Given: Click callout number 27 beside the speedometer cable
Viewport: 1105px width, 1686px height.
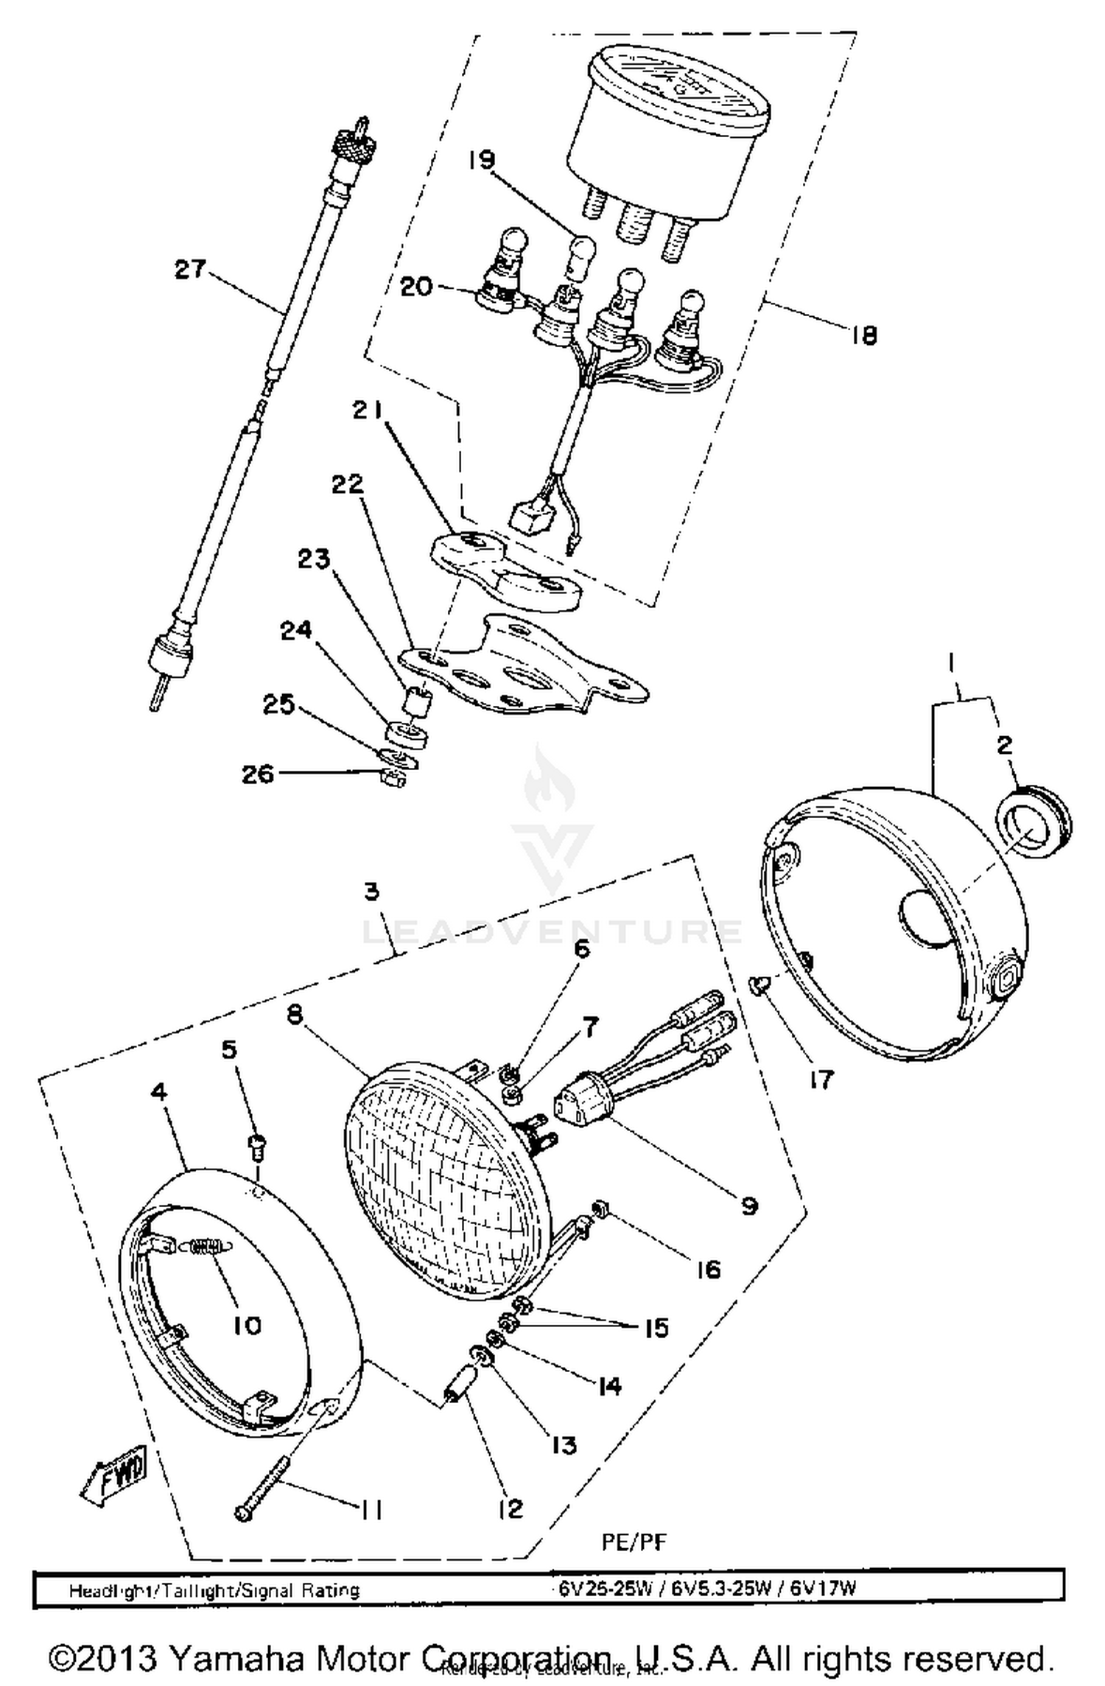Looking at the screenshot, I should (x=190, y=269).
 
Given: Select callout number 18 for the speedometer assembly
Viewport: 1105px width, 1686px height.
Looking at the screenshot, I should (x=863, y=336).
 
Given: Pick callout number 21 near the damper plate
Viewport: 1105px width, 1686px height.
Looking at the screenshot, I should (x=367, y=410).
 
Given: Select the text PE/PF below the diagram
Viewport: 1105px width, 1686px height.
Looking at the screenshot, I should (x=634, y=1542).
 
